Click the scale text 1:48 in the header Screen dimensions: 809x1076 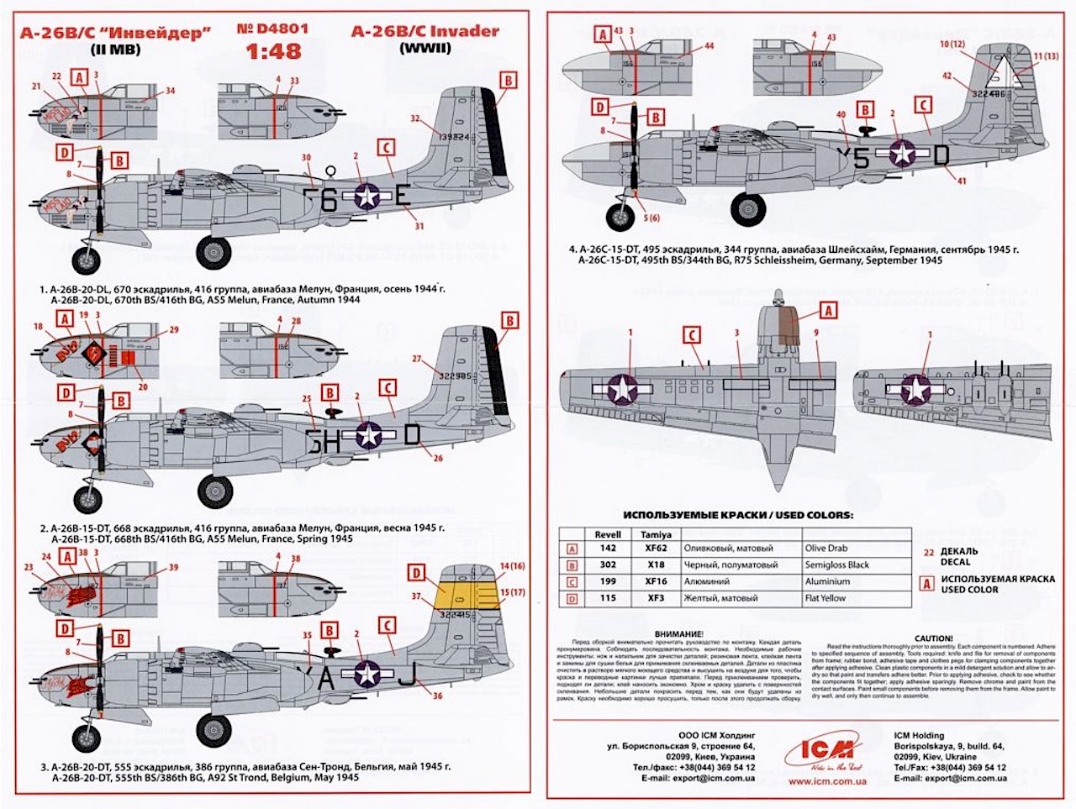pos(273,52)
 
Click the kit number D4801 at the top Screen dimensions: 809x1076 pos(272,29)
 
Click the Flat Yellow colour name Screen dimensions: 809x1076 pos(825,598)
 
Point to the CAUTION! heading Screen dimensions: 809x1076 pos(933,638)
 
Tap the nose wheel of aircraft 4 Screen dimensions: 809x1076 pos(622,218)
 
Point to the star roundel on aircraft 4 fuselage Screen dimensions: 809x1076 pos(903,154)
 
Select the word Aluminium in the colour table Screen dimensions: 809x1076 pos(827,581)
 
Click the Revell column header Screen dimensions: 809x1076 pos(608,534)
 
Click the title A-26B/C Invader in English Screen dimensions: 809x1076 pos(425,31)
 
